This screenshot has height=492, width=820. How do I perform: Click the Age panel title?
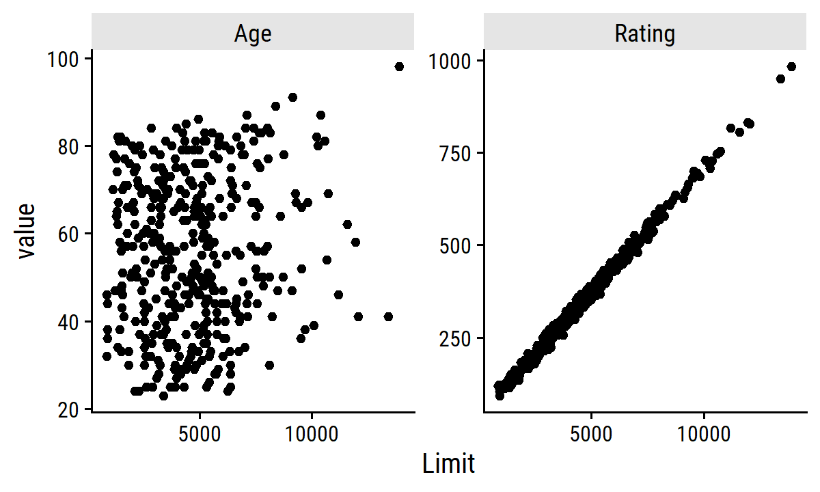point(253,33)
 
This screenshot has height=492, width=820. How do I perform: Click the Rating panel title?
point(644,33)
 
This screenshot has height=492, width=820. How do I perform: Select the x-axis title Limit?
point(448,465)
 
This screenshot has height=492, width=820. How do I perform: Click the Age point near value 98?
point(399,66)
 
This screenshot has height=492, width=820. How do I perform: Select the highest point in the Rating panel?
point(791,66)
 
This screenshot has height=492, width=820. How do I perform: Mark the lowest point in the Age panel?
point(163,396)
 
